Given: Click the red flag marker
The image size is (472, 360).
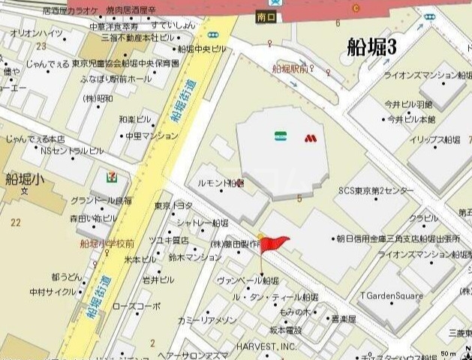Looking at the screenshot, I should tap(275, 242).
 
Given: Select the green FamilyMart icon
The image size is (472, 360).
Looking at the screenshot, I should tap(280, 137).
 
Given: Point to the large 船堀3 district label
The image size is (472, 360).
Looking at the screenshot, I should tap(371, 46).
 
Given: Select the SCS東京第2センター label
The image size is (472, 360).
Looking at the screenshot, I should tap(376, 190).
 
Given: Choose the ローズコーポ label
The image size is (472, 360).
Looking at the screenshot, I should tap(137, 306).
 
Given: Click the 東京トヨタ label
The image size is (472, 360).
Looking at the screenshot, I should tap(173, 205).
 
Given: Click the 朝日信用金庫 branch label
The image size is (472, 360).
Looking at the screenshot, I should tap(398, 238).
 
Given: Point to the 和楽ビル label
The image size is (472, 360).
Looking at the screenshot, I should tap(134, 119).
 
